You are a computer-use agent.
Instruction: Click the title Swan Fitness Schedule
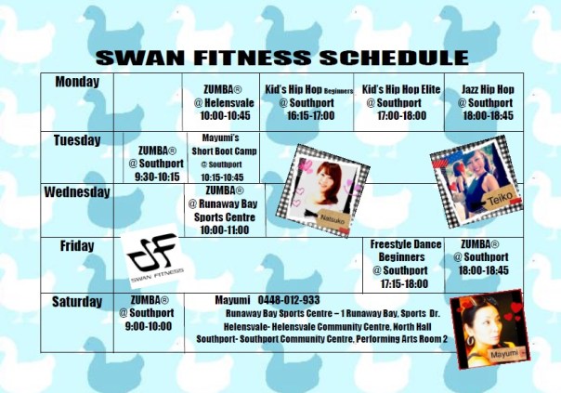(x=282, y=57)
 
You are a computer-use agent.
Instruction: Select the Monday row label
(x=77, y=82)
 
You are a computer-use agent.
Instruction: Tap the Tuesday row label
(x=77, y=140)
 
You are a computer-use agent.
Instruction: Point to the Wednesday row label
(x=77, y=193)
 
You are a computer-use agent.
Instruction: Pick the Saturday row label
(x=77, y=302)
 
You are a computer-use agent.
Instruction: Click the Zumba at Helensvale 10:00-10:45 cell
(x=219, y=103)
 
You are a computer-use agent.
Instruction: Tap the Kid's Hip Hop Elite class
(x=400, y=103)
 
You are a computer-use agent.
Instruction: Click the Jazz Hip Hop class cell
(x=488, y=103)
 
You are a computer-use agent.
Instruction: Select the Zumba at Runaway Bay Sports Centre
(x=219, y=210)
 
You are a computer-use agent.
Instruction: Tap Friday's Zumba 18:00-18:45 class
(x=485, y=256)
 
